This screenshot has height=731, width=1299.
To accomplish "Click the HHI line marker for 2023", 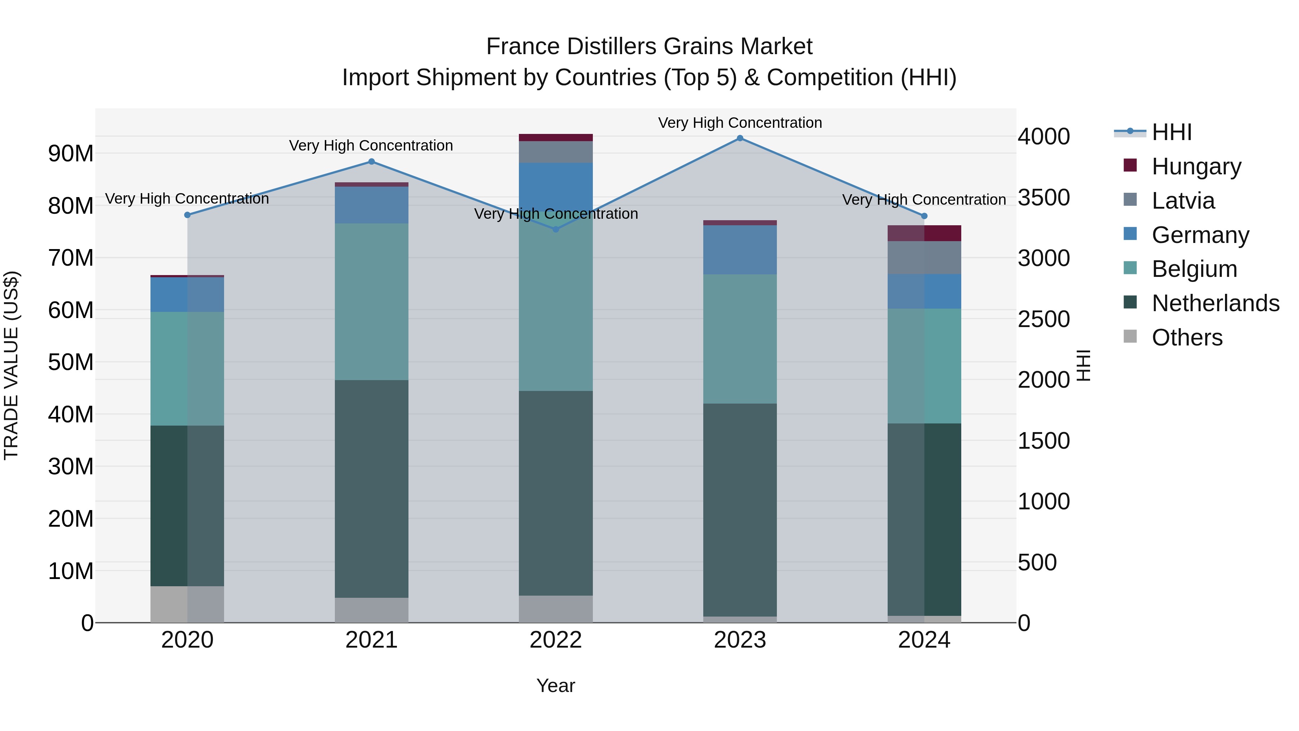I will pyautogui.click(x=740, y=138).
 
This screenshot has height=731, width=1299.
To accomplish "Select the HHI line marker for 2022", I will pyautogui.click(x=556, y=230).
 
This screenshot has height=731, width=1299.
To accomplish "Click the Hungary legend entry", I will pyautogui.click(x=1196, y=166).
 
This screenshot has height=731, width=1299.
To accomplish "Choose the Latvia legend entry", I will pyautogui.click(x=1183, y=201).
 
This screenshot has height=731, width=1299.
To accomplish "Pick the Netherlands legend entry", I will pyautogui.click(x=1215, y=303).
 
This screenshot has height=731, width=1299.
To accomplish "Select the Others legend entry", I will pyautogui.click(x=1187, y=338).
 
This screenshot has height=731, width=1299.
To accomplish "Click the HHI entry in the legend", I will pyautogui.click(x=1171, y=132).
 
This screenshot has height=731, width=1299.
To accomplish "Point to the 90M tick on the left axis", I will pyautogui.click(x=71, y=153).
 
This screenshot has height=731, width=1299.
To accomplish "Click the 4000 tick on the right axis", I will pyautogui.click(x=1043, y=137).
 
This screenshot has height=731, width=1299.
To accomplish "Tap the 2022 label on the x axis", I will pyautogui.click(x=556, y=640).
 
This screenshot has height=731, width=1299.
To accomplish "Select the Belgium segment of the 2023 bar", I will pyautogui.click(x=740, y=339).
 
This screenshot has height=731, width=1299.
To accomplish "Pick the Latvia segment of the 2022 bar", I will pyautogui.click(x=556, y=152).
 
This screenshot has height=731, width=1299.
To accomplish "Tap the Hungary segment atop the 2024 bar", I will pyautogui.click(x=924, y=233).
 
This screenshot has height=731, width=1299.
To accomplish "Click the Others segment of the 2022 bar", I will pyautogui.click(x=556, y=609).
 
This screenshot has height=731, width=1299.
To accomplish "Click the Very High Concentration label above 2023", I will pyautogui.click(x=740, y=123).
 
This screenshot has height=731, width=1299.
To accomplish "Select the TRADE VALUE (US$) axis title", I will pyautogui.click(x=11, y=365).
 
